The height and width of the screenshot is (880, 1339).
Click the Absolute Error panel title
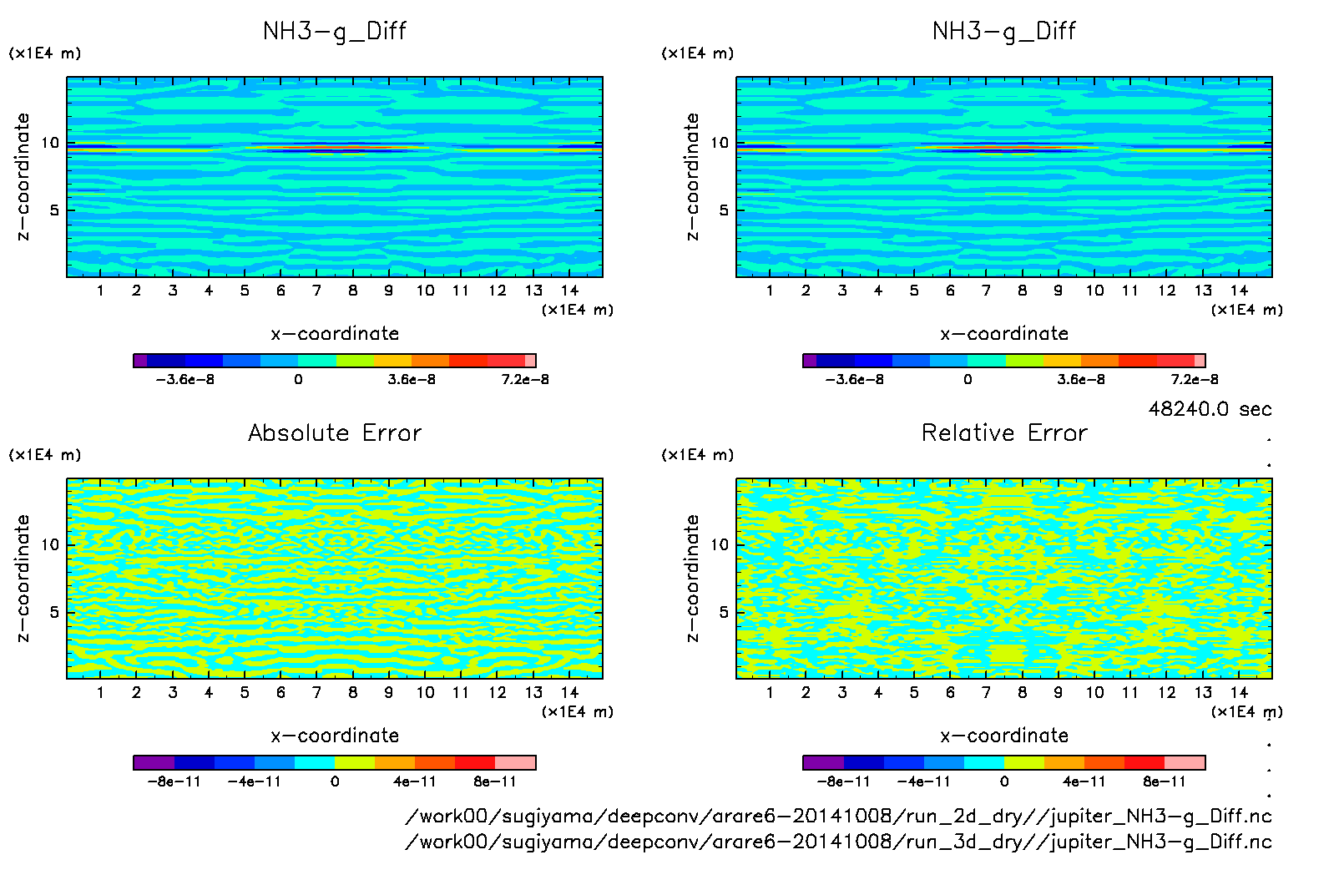pos(335,432)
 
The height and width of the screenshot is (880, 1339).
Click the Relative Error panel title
pos(1004,432)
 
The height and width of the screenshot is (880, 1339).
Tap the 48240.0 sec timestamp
pos(1210,409)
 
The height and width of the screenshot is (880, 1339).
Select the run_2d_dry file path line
pos(838,816)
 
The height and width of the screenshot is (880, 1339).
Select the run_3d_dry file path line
pos(838,842)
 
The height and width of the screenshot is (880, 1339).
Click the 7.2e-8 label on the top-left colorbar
pos(525,379)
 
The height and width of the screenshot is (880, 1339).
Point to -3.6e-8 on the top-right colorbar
pos(854,379)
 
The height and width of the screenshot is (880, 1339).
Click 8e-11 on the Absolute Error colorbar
pos(495,781)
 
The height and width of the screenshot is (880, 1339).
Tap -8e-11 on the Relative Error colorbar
pos(843,781)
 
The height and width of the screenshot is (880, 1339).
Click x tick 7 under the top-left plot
pos(316,291)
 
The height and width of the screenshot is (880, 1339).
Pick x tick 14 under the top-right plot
pos(1239,291)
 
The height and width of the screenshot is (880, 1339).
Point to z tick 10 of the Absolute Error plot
pos(50,544)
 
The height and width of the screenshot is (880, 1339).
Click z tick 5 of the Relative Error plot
pos(724,612)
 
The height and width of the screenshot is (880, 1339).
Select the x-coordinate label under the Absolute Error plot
pos(335,736)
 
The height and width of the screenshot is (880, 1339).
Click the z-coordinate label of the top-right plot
pos(692,176)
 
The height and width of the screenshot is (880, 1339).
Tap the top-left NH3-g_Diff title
pos(335,31)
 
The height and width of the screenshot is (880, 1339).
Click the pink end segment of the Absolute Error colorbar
pos(515,762)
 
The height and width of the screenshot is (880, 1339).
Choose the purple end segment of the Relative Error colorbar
pos(823,762)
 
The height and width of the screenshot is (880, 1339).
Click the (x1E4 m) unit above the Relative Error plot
pos(697,455)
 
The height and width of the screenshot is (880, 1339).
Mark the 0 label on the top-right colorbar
pos(968,379)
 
